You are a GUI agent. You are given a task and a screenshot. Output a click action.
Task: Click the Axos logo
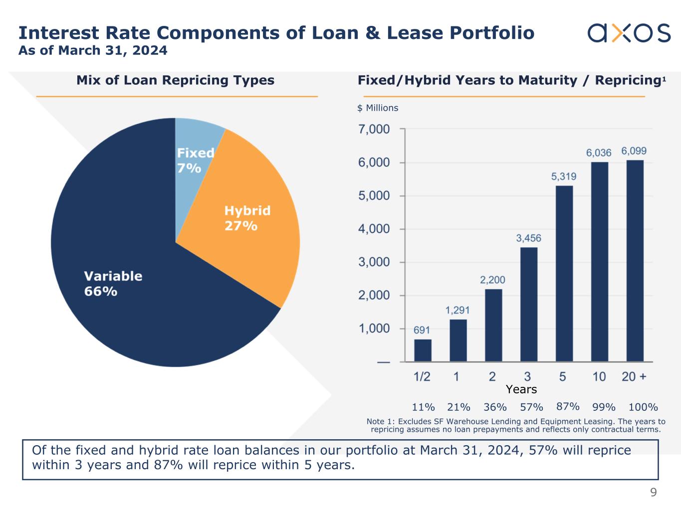(x=629, y=33)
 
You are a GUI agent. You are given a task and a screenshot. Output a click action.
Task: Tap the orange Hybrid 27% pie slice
(x=249, y=219)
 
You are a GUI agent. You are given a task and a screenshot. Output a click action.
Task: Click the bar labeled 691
(x=423, y=350)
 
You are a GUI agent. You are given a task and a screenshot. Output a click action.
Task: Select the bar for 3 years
(x=529, y=304)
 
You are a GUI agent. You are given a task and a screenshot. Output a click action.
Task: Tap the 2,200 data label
(x=492, y=280)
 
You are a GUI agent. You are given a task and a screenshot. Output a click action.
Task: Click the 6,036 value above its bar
(x=599, y=153)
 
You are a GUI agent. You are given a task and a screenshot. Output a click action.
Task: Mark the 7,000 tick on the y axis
(x=374, y=130)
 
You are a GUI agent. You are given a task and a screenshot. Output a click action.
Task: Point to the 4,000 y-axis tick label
(x=374, y=229)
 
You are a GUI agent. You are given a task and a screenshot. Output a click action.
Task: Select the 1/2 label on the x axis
(x=422, y=376)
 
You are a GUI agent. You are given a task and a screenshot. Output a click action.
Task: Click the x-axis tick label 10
(x=599, y=376)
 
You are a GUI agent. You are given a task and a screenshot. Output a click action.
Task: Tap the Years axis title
(x=521, y=389)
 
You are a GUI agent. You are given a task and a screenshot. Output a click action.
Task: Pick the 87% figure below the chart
(x=568, y=406)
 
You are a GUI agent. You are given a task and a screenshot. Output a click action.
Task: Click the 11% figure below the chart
(x=423, y=407)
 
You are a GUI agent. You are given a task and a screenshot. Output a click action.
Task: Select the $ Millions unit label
(x=378, y=108)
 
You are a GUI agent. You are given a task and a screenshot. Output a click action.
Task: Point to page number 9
(x=653, y=493)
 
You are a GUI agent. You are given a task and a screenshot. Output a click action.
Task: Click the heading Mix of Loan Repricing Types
(x=175, y=80)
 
